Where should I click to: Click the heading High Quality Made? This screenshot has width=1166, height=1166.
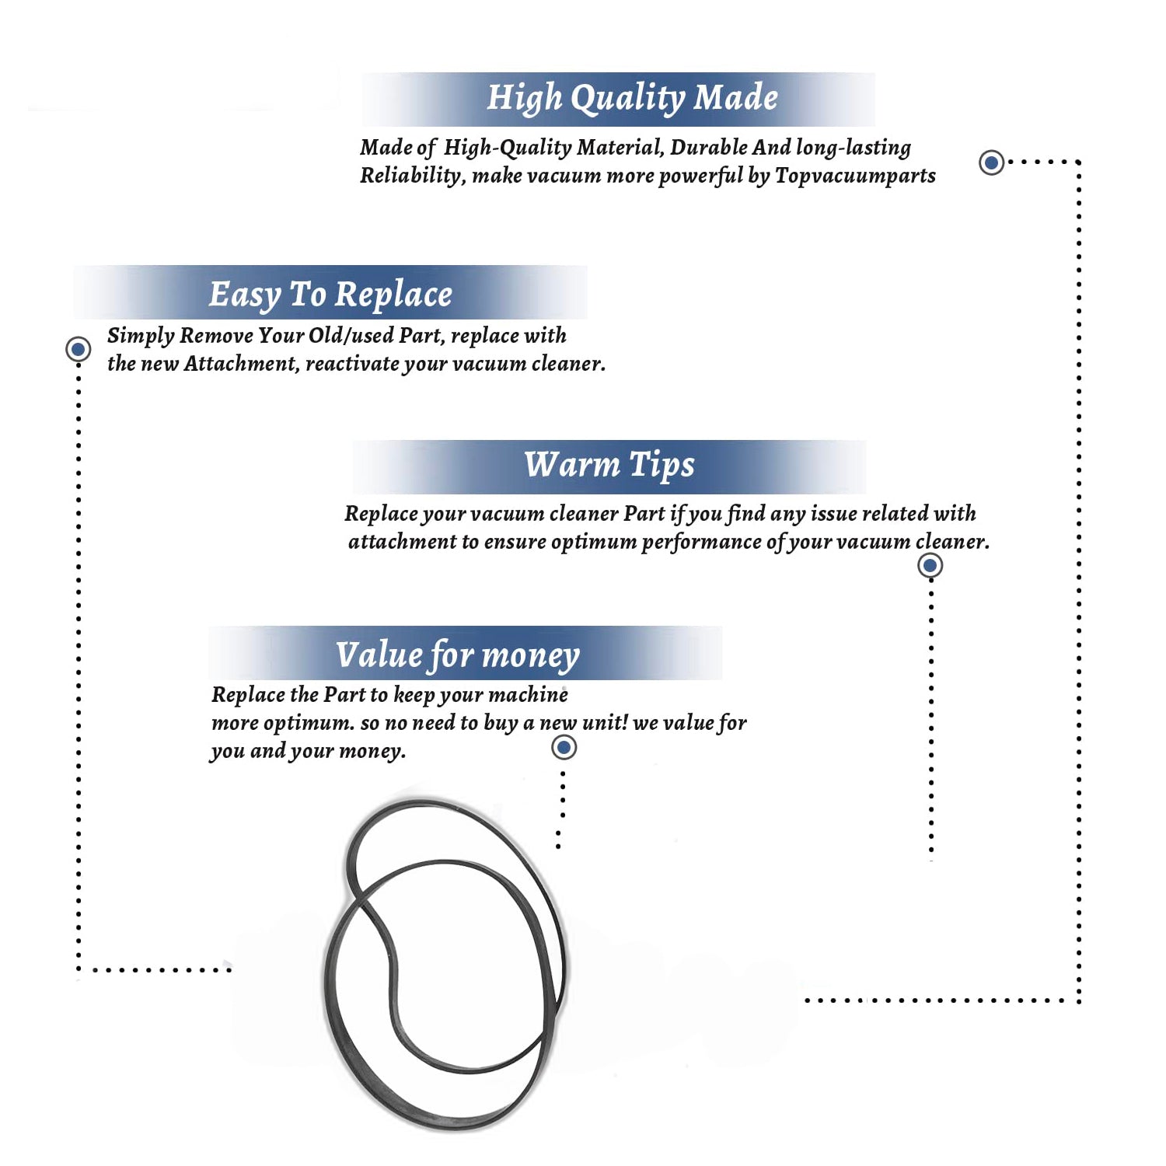click(x=632, y=99)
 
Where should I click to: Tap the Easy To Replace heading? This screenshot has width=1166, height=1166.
click(x=330, y=295)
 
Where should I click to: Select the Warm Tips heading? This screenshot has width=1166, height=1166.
click(x=609, y=465)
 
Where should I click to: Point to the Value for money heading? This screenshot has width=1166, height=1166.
click(x=457, y=655)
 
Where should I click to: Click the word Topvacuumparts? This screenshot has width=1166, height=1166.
click(x=855, y=176)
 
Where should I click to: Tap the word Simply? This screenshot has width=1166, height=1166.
click(x=140, y=336)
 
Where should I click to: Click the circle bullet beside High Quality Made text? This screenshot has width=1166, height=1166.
click(x=991, y=162)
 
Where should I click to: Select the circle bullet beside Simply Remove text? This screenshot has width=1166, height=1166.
click(x=78, y=349)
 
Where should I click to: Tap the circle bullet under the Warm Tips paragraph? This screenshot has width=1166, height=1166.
click(x=930, y=565)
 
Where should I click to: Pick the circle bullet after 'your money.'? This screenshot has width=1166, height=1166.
click(x=564, y=748)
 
